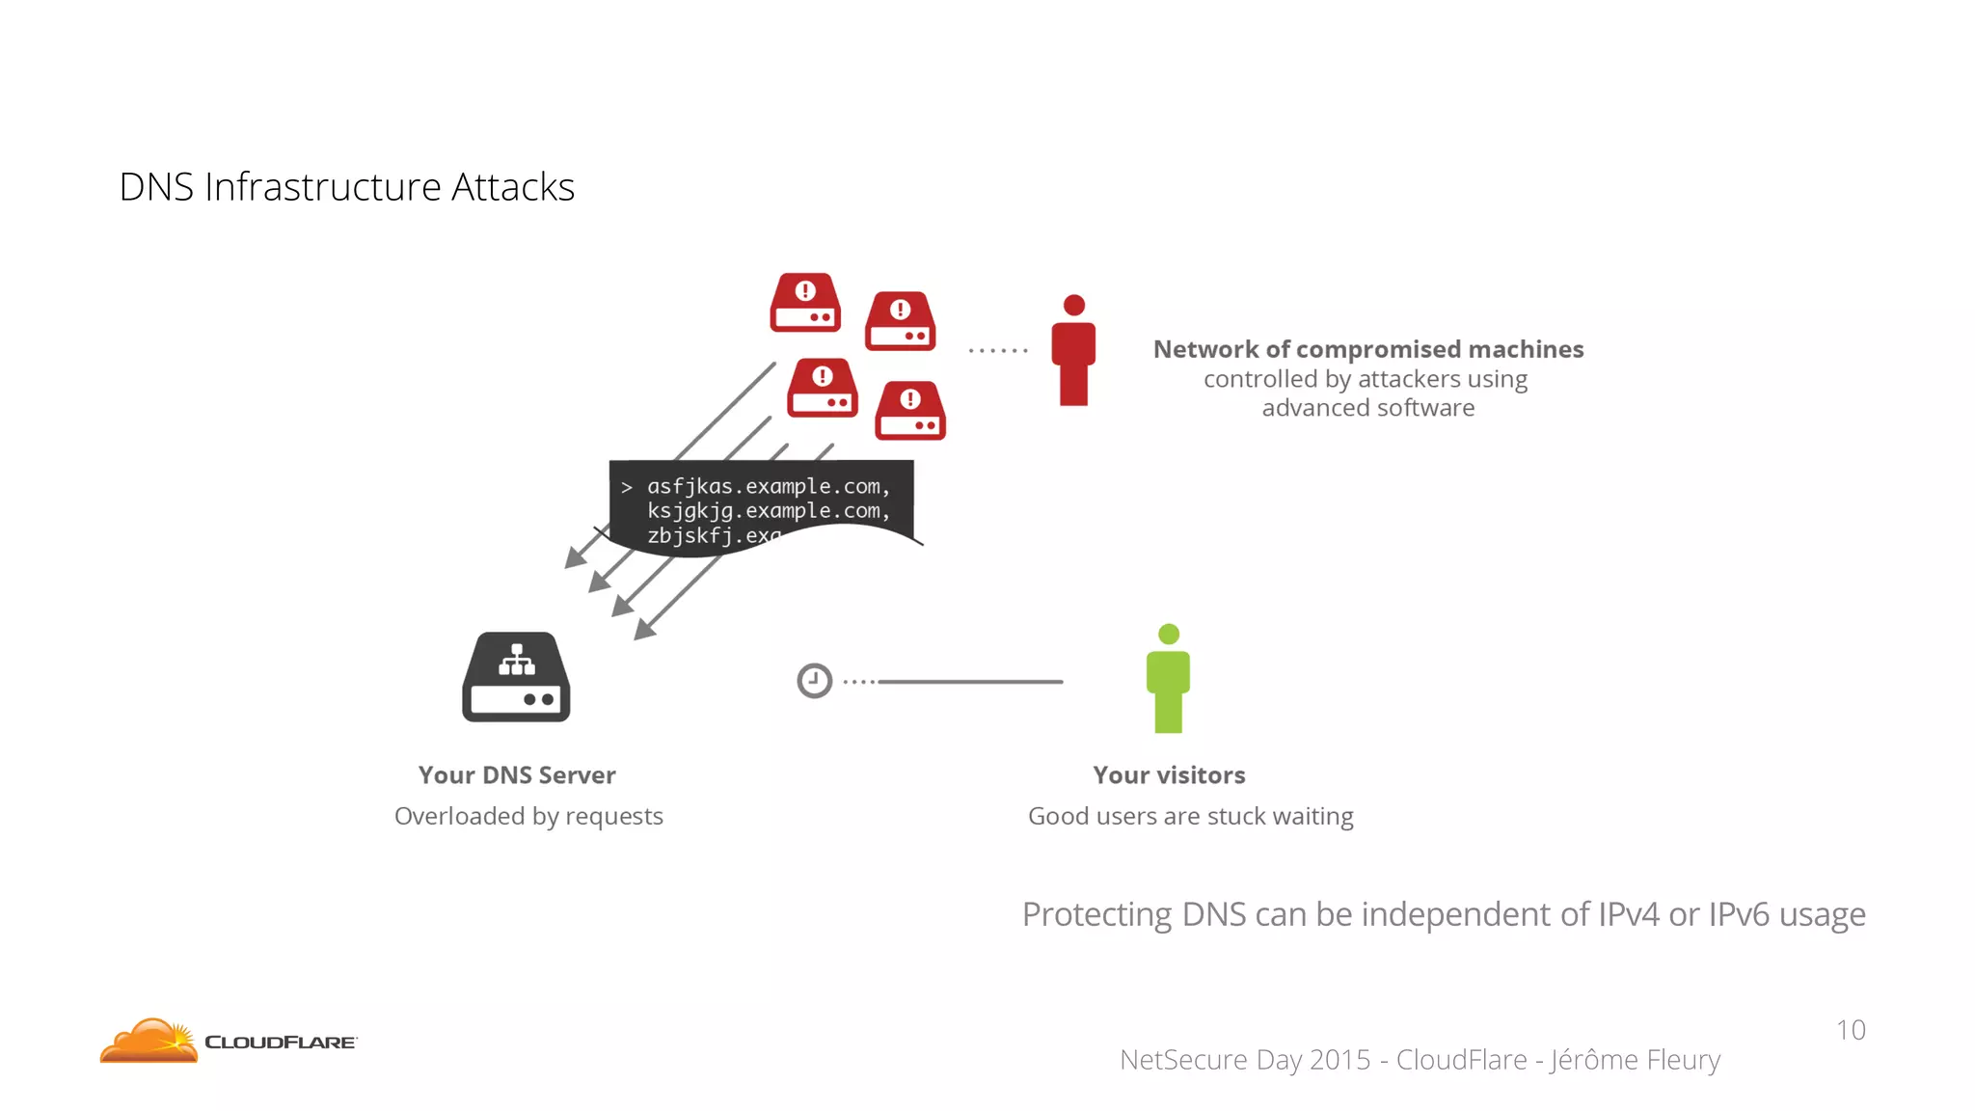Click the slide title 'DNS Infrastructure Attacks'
tap(346, 187)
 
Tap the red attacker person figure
tap(1073, 352)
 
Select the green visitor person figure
tap(1168, 680)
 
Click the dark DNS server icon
tap(516, 678)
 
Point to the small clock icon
tap(814, 681)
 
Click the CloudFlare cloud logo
tap(149, 1042)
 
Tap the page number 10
tap(1850, 1030)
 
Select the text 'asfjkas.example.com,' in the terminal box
tap(768, 486)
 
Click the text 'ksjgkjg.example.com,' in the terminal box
tap(768, 511)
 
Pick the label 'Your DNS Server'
tap(516, 775)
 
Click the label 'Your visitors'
tap(1169, 775)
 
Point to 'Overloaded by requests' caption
tap(528, 817)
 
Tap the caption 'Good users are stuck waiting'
tap(1190, 817)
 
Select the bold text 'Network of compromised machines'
tap(1367, 349)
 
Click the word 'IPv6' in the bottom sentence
tap(1740, 914)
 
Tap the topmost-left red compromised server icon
tap(805, 303)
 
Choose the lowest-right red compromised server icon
tap(909, 411)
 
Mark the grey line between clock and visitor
tap(969, 682)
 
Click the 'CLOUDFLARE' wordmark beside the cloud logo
tap(280, 1043)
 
